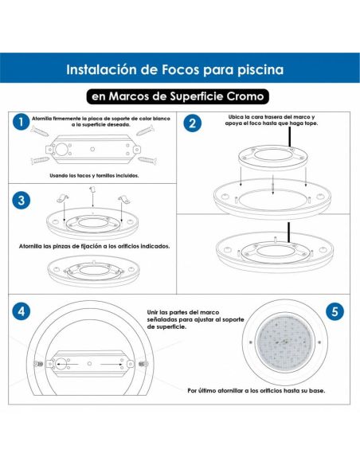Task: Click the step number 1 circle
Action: tap(18, 123)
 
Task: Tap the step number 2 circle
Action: tap(192, 123)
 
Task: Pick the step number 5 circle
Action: tap(335, 311)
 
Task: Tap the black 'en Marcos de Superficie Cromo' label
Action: tap(179, 96)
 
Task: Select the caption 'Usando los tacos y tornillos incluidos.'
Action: tap(94, 174)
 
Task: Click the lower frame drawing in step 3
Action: tap(94, 270)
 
